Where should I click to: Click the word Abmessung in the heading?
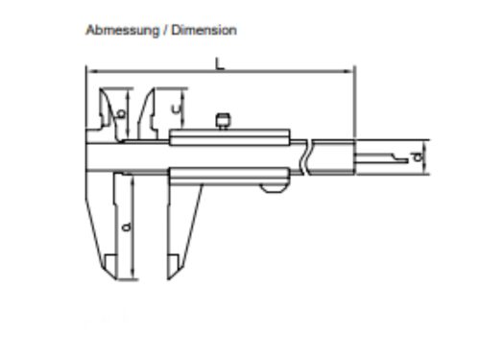tap(123, 31)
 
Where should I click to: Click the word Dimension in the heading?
tap(204, 30)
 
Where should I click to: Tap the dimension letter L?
tap(220, 63)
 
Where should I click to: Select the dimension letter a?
tap(127, 227)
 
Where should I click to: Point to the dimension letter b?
tap(121, 112)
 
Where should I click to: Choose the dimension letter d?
tap(418, 156)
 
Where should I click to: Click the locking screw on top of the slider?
tap(223, 121)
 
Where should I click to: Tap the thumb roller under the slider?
tap(273, 188)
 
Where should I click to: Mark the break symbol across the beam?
tap(304, 157)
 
